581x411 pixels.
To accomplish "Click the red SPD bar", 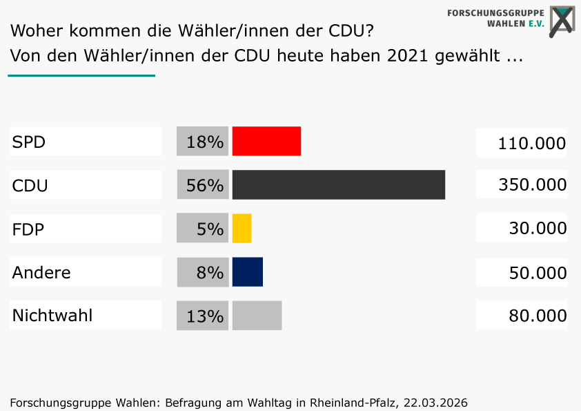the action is [x=266, y=141].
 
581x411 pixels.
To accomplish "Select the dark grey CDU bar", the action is [x=339, y=184].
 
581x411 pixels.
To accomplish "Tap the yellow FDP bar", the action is [x=242, y=229].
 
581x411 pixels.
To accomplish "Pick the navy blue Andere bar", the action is [x=248, y=272].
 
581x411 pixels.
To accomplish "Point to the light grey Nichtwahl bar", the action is [x=257, y=315].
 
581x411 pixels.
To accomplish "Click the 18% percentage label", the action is [x=205, y=142].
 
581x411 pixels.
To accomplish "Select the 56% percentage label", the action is [x=205, y=185].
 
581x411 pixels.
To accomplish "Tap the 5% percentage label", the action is [x=210, y=229].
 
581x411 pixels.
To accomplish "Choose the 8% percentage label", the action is [x=210, y=272].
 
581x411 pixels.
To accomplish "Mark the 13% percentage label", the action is [x=205, y=316].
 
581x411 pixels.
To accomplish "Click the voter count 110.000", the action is [x=532, y=143].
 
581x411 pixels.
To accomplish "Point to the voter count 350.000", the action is [x=533, y=184].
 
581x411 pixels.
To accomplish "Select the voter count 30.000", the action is [x=538, y=228].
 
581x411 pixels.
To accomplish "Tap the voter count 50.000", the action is [x=538, y=273].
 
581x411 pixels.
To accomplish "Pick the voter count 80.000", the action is [x=538, y=315].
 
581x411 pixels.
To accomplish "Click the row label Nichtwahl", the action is [x=52, y=315].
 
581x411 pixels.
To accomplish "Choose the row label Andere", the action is [x=41, y=272].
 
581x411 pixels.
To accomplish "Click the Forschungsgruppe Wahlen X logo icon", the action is [x=562, y=21].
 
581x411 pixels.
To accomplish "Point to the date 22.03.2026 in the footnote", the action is [x=435, y=403].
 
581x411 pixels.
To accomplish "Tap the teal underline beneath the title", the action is [x=81, y=76].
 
